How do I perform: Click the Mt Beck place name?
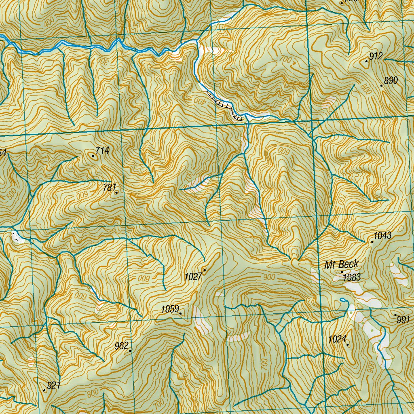coord(341,265)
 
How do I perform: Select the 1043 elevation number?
coord(382,236)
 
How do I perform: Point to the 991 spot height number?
coord(403,320)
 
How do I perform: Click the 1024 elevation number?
coord(337,339)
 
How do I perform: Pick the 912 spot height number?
coord(376,56)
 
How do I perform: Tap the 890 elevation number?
coord(391,81)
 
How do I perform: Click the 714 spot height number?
coord(103,151)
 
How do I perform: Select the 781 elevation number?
coord(109,187)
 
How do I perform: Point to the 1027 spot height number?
coord(193,277)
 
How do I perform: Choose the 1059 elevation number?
coord(170,309)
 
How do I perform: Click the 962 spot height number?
coord(121,346)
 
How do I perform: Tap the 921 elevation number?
coord(53,385)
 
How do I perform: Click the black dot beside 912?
coord(367,61)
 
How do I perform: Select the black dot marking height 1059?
coord(180,313)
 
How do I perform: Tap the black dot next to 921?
coord(44,390)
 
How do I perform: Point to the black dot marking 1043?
coord(372,242)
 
